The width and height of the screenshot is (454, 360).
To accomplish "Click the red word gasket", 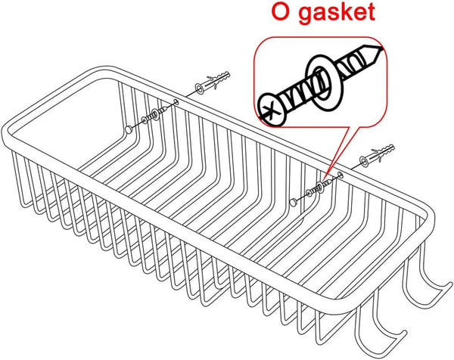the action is [x=337, y=12].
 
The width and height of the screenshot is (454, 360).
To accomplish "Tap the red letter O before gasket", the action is [x=281, y=11].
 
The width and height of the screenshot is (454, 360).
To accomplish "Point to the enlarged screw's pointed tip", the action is [x=383, y=48].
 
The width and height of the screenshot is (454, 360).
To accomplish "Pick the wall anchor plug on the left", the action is [x=212, y=82].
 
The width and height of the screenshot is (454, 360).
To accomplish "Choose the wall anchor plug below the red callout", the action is [x=376, y=155].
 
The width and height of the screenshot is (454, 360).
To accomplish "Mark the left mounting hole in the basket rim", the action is [x=176, y=101].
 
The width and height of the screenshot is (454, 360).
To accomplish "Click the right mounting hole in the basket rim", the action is [x=340, y=174].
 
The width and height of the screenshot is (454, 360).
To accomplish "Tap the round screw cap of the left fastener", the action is [x=129, y=130].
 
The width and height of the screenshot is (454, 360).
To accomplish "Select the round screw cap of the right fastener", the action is [x=294, y=202].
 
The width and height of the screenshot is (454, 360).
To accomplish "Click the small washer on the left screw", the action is [x=155, y=114].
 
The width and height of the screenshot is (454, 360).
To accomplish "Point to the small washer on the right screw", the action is [x=319, y=188].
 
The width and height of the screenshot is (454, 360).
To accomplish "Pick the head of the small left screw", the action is [x=145, y=120].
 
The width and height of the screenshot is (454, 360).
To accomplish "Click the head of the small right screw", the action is [x=309, y=193].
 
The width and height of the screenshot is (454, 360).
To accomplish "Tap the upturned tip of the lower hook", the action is [x=403, y=333].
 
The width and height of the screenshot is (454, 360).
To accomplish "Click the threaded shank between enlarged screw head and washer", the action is [x=298, y=95].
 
